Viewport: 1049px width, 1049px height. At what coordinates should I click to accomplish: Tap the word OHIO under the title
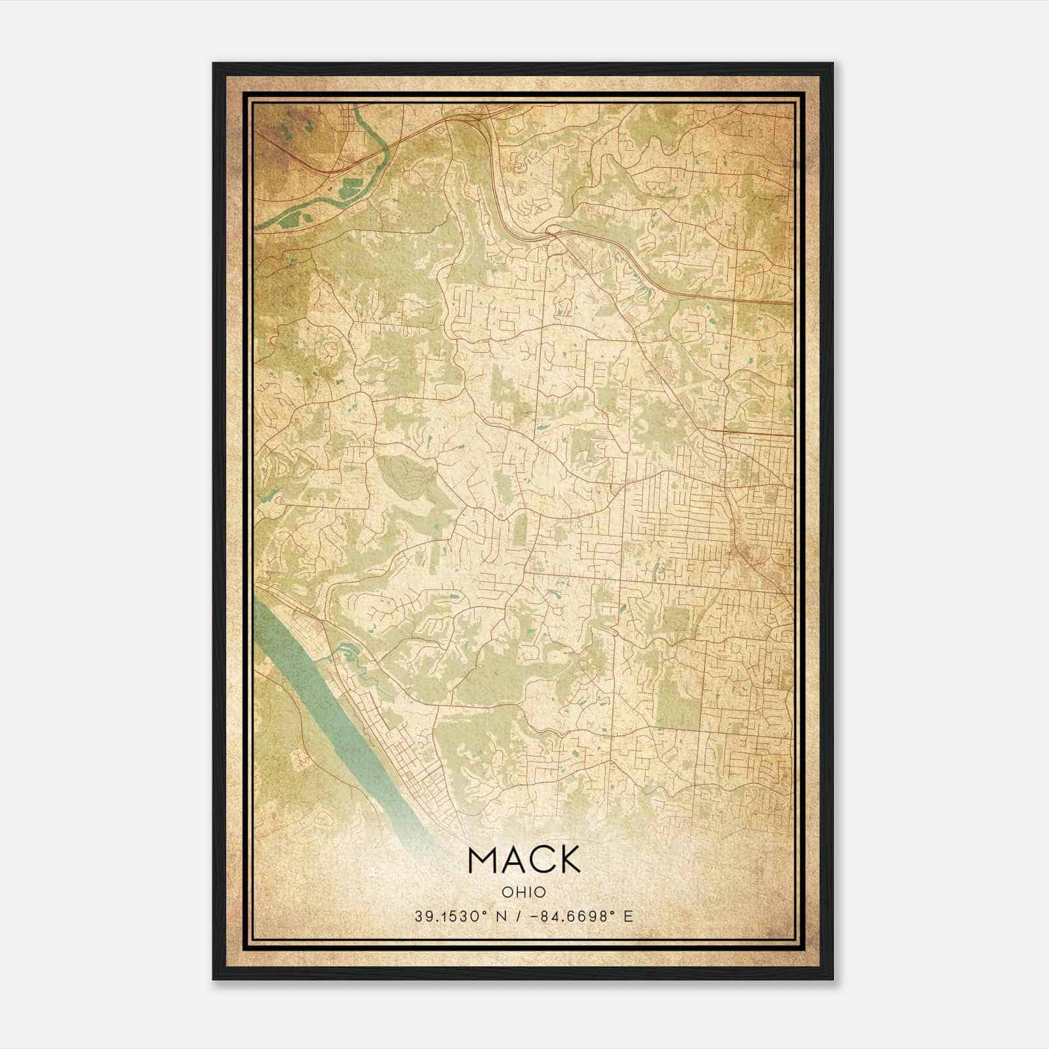pyautogui.click(x=524, y=892)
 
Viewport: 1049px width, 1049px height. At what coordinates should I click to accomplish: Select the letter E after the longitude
pyautogui.click(x=629, y=917)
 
